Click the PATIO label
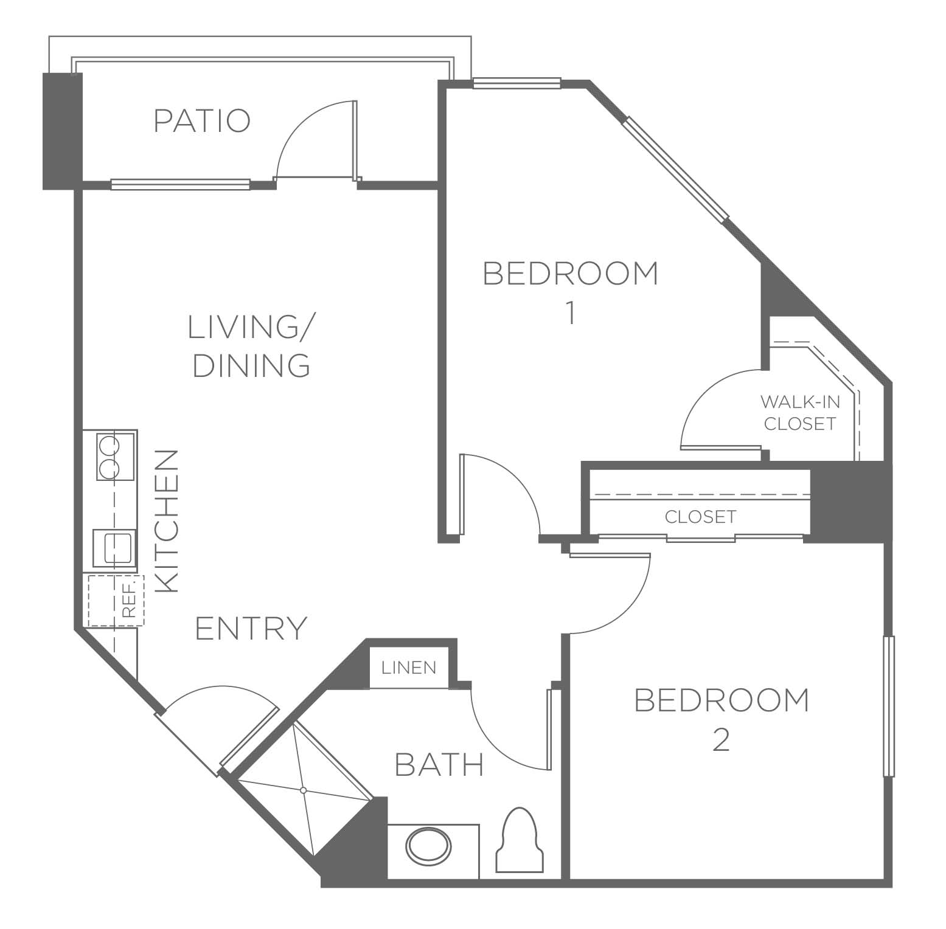202,120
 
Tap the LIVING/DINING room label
251,345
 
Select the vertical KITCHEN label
167,521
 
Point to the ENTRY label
251,628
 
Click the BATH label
439,764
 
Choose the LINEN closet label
409,668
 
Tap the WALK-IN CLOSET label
800,412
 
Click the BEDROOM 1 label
570,292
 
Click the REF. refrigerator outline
116,601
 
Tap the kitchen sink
114,547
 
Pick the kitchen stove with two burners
116,455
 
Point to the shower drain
303,790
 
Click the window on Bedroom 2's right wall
889,706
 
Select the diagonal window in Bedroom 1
675,168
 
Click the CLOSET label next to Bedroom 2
700,517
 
